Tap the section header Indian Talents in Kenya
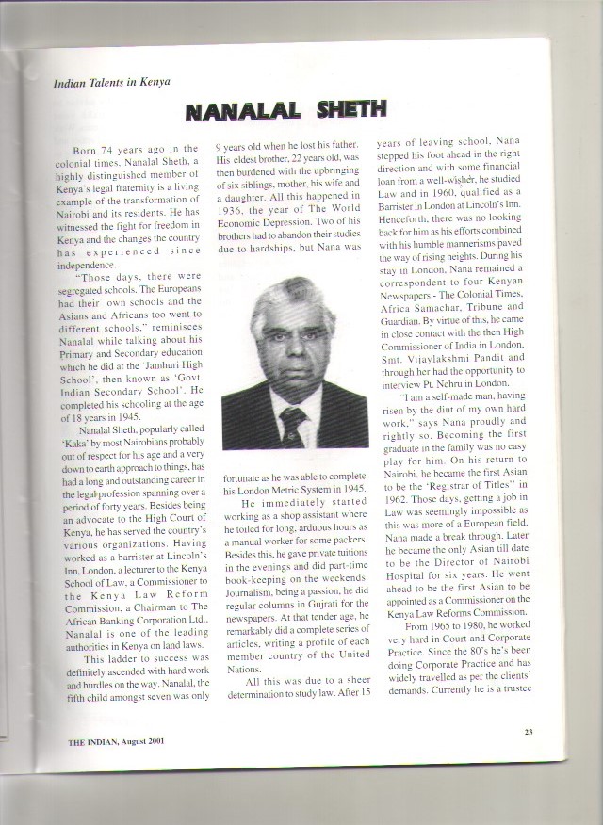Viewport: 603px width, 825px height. pos(112,81)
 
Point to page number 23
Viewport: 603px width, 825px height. pos(529,731)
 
